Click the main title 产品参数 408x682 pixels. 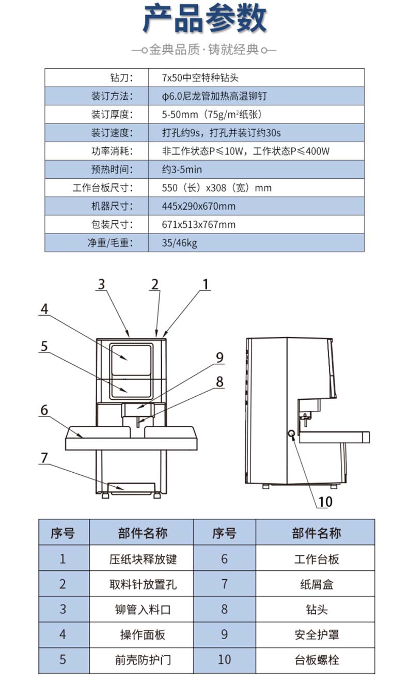(x=204, y=19)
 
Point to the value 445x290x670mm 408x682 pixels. (x=198, y=206)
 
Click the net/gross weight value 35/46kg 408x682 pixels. (x=179, y=243)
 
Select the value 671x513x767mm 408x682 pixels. (x=198, y=224)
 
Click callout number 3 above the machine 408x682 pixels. (x=101, y=284)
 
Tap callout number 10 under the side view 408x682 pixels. (x=325, y=501)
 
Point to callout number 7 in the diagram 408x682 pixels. (x=44, y=458)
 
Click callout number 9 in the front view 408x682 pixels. (x=219, y=357)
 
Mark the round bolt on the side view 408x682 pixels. (x=292, y=433)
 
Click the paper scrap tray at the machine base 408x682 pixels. (x=131, y=487)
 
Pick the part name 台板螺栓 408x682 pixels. (x=317, y=659)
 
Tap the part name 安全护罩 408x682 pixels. (x=317, y=634)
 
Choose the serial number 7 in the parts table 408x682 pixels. (x=224, y=584)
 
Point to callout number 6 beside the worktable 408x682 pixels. (x=44, y=410)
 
